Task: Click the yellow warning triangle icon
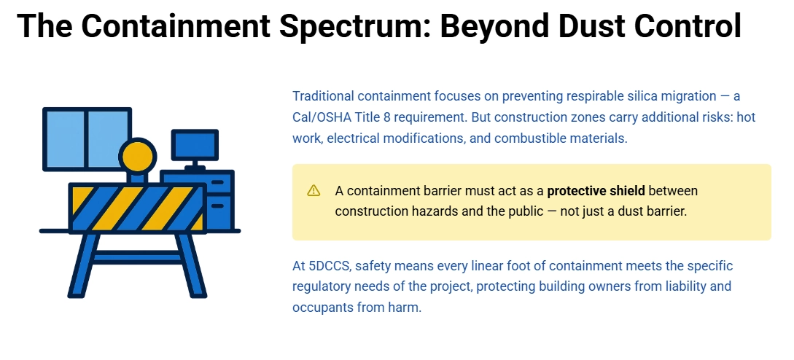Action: (x=314, y=191)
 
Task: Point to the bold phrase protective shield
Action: (x=596, y=191)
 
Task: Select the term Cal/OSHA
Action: (x=321, y=117)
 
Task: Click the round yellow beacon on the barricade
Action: (x=138, y=156)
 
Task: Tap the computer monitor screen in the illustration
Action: (x=195, y=145)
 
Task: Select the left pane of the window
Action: (x=66, y=138)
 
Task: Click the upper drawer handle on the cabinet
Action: (x=217, y=181)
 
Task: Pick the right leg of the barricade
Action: (x=191, y=266)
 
